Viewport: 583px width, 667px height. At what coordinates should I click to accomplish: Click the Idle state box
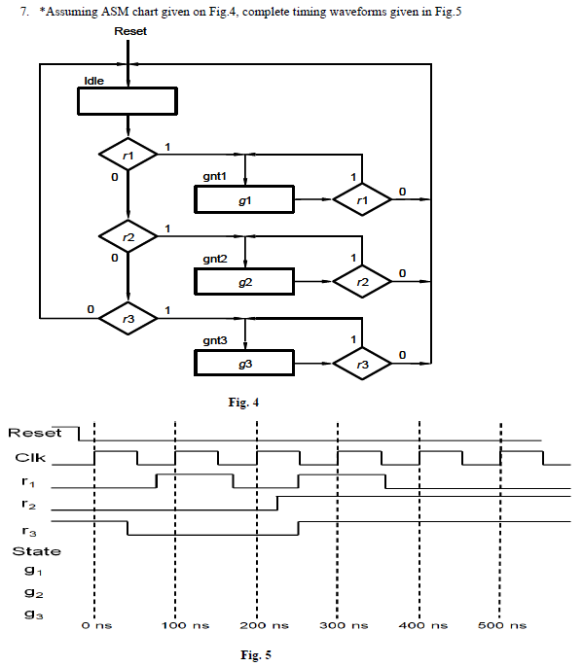[127, 101]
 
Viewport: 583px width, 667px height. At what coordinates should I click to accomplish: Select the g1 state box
[244, 199]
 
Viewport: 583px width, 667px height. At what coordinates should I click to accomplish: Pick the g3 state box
[244, 363]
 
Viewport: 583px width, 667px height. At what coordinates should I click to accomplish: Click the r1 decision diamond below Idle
[128, 155]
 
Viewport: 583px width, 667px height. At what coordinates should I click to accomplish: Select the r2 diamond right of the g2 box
[362, 281]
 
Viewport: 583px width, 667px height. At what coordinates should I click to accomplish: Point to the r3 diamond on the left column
[128, 318]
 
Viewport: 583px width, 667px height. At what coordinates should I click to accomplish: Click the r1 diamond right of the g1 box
[362, 199]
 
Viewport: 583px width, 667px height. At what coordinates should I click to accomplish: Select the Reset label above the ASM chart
[130, 32]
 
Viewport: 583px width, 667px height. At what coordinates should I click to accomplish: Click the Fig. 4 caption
[239, 402]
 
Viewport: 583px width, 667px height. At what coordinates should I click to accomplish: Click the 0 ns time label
[97, 625]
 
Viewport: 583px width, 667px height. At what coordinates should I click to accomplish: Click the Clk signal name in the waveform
[28, 457]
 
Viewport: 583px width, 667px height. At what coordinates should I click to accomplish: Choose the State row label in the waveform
[36, 551]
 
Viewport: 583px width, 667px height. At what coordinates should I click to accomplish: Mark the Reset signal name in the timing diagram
[34, 433]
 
